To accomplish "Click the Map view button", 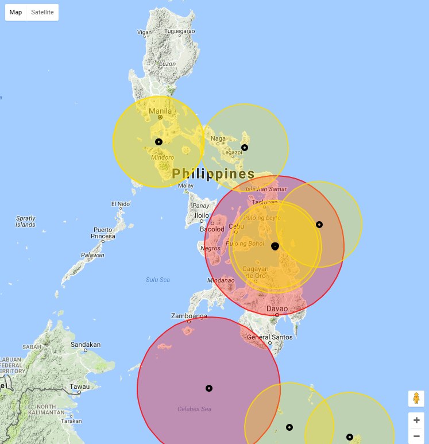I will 16,12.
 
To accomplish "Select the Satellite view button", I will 42,12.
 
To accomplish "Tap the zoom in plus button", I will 416,420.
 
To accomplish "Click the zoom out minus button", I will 416,437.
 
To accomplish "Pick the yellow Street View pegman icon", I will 416,398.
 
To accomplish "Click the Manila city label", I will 160,111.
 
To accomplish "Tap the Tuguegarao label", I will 180,30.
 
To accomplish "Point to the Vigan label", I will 144,32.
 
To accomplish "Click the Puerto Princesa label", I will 103,233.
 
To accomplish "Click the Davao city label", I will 277,309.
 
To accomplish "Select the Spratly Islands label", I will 25,221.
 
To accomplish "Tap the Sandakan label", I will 86,345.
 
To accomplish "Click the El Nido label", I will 121,204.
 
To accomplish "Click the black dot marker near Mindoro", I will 159,141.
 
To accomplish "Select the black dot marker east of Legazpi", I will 245,148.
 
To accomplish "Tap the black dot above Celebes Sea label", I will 209,388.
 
